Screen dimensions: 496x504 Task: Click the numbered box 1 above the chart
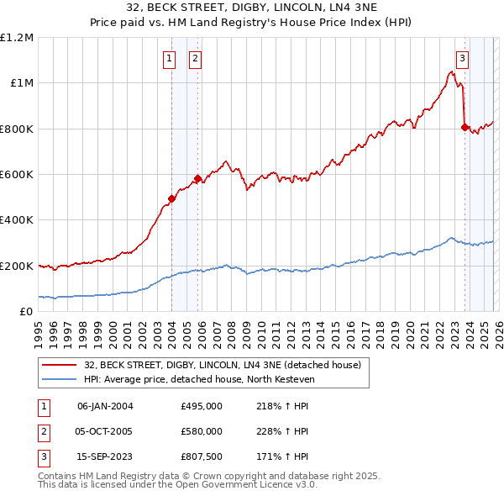pos(170,59)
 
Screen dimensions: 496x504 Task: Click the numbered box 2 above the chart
pos(195,59)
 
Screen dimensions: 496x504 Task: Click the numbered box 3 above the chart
pos(463,59)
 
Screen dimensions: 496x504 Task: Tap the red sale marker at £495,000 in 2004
pos(171,198)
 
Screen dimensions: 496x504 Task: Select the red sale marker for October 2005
pos(197,178)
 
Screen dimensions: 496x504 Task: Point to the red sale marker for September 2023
pos(465,127)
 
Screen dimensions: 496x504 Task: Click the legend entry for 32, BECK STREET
pos(222,365)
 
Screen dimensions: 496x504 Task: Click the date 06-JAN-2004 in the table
pos(105,406)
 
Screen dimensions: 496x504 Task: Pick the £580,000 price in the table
pos(202,431)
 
